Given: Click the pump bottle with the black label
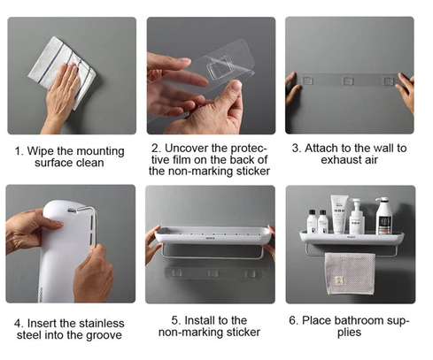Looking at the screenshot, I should (x=383, y=217).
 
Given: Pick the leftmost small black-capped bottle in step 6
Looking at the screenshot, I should (x=312, y=222).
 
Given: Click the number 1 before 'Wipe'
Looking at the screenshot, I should (x=19, y=149).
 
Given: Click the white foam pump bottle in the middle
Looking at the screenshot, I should (x=357, y=218).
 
